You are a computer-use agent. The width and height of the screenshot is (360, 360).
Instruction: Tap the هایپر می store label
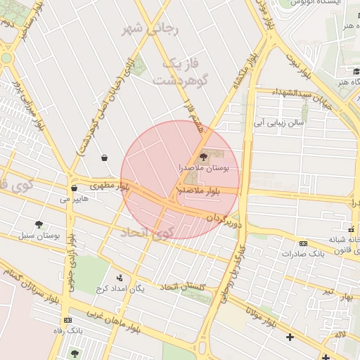pos(74,200)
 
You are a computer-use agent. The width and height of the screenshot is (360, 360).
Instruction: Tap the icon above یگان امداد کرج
pos(120,277)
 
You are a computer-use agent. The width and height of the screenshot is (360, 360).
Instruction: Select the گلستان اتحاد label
pos(186,286)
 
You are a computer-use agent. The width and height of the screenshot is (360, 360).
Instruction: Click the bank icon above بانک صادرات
pos(303,243)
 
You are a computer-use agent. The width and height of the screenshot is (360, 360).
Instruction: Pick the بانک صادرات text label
pos(303,255)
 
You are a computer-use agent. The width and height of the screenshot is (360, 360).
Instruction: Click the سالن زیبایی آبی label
pos(280,122)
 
